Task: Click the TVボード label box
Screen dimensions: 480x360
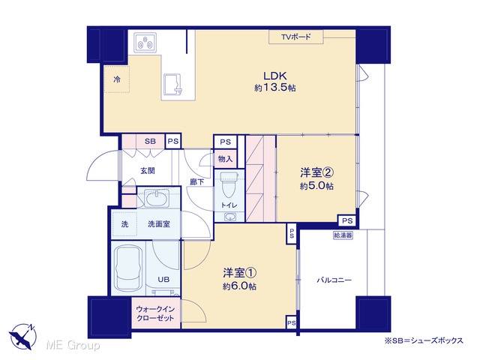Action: pos(295,37)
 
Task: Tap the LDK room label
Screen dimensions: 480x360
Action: pos(275,76)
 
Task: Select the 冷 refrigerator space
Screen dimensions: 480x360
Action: pos(117,79)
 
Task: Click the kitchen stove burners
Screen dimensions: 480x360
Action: pos(145,43)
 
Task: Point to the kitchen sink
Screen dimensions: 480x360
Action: pos(172,84)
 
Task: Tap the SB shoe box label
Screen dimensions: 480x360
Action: pos(150,142)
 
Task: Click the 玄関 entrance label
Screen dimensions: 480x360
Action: pos(148,170)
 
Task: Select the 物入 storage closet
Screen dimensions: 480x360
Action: pos(225,159)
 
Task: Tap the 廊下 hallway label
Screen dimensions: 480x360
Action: pos(196,182)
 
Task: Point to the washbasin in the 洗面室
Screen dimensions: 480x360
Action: pos(157,199)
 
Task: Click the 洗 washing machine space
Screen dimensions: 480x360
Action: pos(124,224)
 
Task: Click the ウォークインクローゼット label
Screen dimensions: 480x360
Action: pos(155,313)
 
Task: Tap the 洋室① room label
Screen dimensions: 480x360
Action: pos(240,272)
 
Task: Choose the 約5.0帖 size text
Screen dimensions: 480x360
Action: pos(316,186)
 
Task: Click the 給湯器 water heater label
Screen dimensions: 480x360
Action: pos(343,235)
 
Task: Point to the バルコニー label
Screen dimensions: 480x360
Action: pos(334,280)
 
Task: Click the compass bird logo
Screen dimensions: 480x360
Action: pos(22,336)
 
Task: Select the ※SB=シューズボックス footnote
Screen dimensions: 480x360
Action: pos(424,340)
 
